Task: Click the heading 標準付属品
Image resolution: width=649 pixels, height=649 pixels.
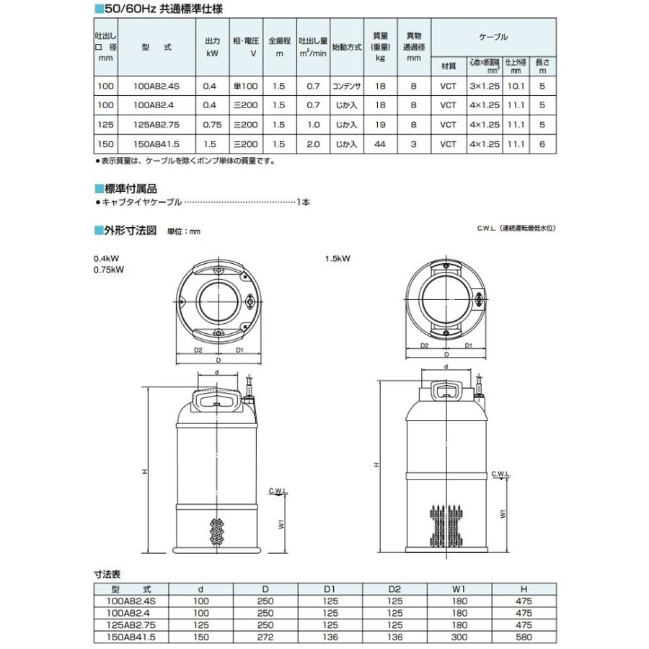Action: coord(131,188)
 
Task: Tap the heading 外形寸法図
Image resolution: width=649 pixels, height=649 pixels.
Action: coord(131,231)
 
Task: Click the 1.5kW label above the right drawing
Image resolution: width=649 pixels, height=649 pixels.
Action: coord(337,258)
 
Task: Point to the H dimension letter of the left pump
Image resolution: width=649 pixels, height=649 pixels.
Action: coord(144,471)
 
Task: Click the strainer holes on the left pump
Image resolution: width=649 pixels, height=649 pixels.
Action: coord(216,534)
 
